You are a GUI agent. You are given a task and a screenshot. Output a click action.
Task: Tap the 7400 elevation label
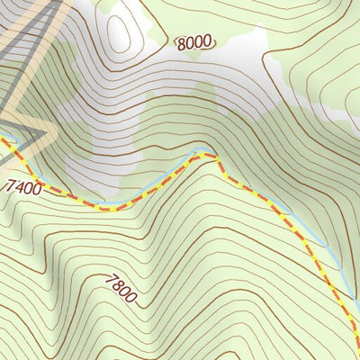pos(23,187)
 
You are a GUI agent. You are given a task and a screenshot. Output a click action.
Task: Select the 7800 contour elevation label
pos(120,290)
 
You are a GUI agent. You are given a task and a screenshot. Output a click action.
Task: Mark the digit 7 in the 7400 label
pos(10,184)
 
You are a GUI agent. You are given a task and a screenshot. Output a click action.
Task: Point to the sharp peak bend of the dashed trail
pos(213,157)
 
